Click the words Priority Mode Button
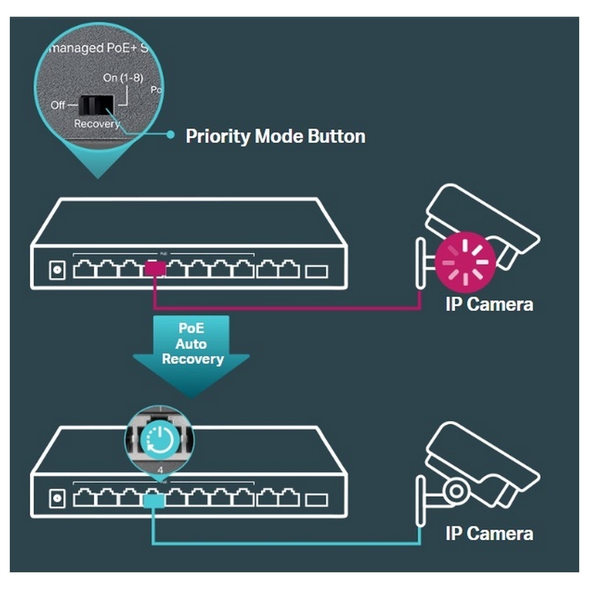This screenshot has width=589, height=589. click(x=275, y=136)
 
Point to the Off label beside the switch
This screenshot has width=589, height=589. click(x=58, y=105)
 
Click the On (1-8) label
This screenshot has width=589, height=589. click(x=123, y=78)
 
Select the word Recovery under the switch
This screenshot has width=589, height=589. click(x=97, y=124)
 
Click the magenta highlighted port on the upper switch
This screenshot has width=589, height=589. click(x=155, y=268)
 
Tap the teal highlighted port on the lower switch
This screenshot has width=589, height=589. click(x=154, y=500)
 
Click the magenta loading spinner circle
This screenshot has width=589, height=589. click(x=465, y=262)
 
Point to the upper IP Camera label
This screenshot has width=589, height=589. click(x=489, y=304)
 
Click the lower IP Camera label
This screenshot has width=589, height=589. click(x=489, y=534)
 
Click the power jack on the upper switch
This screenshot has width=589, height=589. click(x=57, y=270)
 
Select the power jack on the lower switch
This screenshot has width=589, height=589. click(x=57, y=499)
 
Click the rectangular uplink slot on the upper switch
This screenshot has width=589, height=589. click(x=317, y=270)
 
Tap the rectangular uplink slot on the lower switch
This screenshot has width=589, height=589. click(x=317, y=500)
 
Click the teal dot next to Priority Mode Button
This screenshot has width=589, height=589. click(x=170, y=134)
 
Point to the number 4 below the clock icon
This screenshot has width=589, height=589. click(x=160, y=470)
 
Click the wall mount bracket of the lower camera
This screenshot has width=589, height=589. click(x=421, y=501)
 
